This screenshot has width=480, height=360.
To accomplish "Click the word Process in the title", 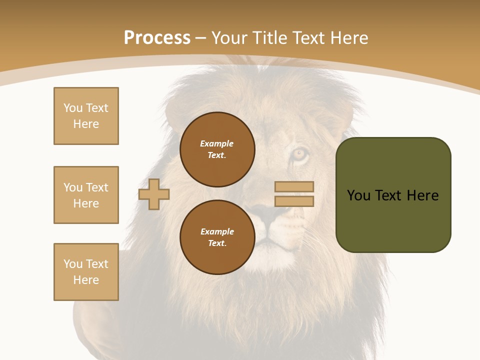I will [157, 38].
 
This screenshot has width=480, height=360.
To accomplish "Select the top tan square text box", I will [86, 116].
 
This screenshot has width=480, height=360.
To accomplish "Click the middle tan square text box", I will [86, 195].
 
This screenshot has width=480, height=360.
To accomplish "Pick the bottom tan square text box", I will [86, 272].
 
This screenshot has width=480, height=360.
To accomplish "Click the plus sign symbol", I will [154, 194].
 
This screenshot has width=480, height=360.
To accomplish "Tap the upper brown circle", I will [217, 149].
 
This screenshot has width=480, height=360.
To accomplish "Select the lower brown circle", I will [217, 237].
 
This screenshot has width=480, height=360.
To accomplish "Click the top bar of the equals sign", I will [294, 187].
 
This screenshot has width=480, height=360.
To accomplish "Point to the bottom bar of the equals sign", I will [294, 201].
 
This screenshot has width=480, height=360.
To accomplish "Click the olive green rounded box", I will [393, 195].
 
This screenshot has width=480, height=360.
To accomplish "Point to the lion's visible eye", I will [300, 153].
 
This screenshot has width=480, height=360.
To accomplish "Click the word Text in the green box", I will [389, 195].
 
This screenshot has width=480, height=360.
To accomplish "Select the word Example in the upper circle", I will [217, 143].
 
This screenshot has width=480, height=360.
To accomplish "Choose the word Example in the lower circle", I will [217, 231].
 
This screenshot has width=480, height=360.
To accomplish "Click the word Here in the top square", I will [86, 124].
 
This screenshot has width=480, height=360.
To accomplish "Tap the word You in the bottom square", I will [72, 264].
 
